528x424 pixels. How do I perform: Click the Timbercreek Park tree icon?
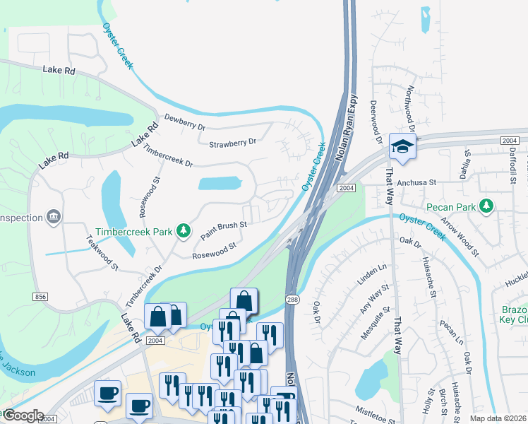click(183, 230)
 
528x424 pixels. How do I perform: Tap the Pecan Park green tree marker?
click(486, 206)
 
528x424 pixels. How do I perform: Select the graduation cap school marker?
click(402, 146)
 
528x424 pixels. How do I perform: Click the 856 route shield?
click(40, 297)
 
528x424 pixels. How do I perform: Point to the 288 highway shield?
click(292, 300)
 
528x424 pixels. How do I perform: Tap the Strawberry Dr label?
click(232, 143)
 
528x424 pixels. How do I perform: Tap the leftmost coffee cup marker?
click(107, 392)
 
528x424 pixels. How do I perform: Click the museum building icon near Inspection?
click(53, 216)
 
